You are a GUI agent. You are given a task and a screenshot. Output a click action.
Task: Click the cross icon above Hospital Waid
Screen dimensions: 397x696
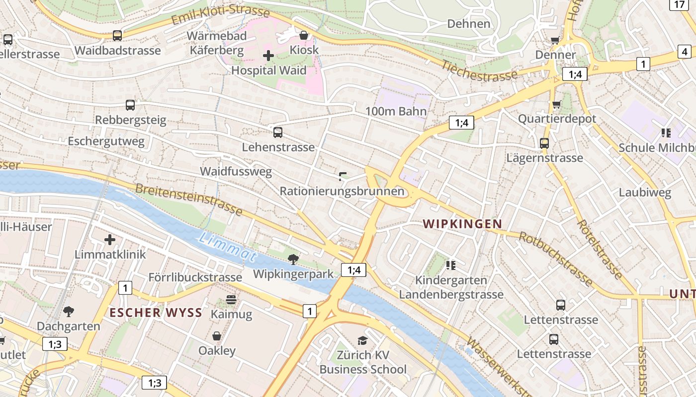click(268, 56)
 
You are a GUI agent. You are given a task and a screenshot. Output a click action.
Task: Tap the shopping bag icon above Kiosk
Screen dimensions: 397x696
click(304, 35)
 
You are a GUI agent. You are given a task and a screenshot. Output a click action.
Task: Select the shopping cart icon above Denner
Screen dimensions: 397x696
click(555, 40)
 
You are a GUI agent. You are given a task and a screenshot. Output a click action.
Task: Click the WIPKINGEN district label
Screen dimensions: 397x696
click(462, 224)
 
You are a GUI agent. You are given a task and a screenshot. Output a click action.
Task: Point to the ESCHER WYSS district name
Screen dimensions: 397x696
click(156, 313)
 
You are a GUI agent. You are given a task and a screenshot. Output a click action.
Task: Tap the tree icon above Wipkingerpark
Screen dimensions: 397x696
click(293, 259)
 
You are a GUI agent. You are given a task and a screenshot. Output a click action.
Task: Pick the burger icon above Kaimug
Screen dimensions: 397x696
click(231, 299)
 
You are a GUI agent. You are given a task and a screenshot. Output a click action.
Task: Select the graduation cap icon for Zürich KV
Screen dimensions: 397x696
click(363, 340)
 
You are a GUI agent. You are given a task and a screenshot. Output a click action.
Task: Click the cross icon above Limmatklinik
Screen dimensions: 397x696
click(110, 240)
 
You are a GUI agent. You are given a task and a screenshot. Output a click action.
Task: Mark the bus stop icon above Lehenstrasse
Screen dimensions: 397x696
click(278, 132)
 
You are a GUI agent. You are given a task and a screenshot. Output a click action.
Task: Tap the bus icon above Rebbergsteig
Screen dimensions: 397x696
click(130, 105)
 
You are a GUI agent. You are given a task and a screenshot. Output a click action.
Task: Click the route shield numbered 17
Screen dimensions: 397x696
click(680, 4)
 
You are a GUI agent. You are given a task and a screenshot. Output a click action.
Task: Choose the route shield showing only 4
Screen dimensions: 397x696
click(685, 51)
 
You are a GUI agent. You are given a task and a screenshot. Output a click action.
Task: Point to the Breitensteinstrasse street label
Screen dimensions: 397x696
click(188, 199)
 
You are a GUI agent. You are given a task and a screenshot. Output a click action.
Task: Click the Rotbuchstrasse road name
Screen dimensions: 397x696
click(555, 259)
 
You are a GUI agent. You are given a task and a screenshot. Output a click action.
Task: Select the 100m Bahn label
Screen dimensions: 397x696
click(396, 111)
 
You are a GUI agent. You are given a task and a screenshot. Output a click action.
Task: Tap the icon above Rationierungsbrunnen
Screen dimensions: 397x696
click(342, 176)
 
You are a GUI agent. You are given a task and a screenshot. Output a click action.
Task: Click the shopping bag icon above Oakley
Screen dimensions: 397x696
click(217, 336)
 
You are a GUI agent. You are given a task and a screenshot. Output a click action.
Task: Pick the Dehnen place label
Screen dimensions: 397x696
click(468, 24)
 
